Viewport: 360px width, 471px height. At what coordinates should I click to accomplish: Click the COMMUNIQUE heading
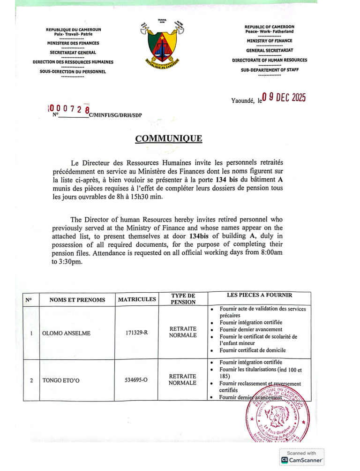tap(168, 138)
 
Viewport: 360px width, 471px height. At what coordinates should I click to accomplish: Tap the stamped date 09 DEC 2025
tap(284, 98)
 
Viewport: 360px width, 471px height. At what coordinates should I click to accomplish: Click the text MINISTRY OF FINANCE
tap(269, 41)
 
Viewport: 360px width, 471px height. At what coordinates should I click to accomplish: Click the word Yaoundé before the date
tap(243, 100)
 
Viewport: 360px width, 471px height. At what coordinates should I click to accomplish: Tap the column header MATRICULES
tap(137, 299)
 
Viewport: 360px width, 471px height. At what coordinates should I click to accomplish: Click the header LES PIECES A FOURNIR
tap(259, 295)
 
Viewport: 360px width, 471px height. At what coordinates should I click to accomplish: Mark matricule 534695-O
tap(137, 380)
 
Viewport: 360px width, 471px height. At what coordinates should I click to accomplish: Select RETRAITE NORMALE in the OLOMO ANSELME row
tap(183, 332)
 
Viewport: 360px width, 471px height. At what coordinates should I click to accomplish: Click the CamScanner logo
tap(302, 460)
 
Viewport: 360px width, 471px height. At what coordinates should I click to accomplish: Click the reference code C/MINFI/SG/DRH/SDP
tap(115, 115)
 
